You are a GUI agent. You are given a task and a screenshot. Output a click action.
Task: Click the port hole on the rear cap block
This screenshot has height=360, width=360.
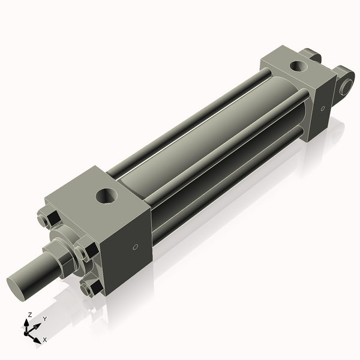coord(296,65)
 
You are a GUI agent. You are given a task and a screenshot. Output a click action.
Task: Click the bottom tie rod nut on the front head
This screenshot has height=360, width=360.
coord(88,289)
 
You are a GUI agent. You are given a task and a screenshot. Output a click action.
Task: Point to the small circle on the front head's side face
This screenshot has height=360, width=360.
coord(136,247)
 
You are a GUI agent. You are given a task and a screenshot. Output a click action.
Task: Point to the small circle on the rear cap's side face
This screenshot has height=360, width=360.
coord(322,109)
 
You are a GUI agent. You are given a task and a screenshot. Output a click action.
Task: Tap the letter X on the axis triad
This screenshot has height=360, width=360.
coord(44,340)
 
